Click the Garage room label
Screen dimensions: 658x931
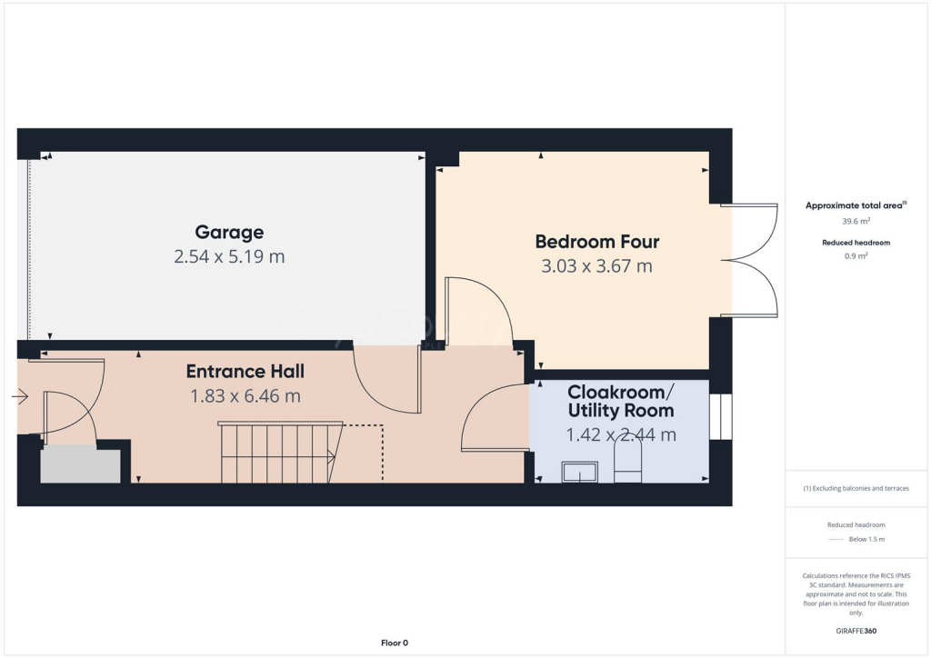click(229, 233)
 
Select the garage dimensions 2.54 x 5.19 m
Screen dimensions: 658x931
click(229, 257)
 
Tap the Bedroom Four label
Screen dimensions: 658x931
click(596, 242)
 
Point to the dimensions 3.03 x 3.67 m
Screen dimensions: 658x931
click(596, 266)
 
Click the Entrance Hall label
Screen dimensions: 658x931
click(245, 372)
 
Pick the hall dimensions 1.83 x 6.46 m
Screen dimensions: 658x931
click(245, 396)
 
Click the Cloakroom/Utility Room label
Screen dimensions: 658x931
click(621, 401)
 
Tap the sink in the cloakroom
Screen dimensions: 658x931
click(579, 472)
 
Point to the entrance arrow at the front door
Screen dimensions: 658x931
click(19, 396)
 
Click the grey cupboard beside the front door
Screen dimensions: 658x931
click(80, 464)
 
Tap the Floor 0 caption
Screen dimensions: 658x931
click(394, 643)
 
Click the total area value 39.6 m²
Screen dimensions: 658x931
click(856, 221)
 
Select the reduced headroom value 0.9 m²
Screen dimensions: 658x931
click(856, 256)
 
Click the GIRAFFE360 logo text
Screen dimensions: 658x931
click(856, 630)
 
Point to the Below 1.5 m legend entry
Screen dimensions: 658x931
click(867, 539)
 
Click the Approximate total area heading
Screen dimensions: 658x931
click(855, 205)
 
